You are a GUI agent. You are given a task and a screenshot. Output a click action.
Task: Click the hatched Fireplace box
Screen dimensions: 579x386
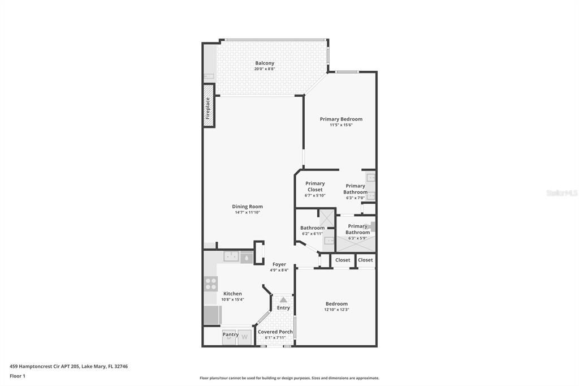pyautogui.click(x=209, y=106)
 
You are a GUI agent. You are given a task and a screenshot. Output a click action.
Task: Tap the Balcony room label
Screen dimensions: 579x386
pyautogui.click(x=265, y=63)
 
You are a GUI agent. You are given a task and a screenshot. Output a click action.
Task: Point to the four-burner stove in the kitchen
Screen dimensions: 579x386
pyautogui.click(x=211, y=284)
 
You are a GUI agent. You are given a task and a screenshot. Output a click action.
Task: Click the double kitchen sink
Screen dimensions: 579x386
pyautogui.click(x=231, y=256)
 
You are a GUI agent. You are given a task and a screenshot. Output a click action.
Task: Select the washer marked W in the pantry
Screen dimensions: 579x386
pyautogui.click(x=244, y=337)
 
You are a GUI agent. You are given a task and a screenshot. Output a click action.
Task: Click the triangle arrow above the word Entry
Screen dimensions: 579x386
pyautogui.click(x=283, y=299)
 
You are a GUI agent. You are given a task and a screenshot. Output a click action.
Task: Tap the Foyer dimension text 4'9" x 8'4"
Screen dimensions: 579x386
pyautogui.click(x=279, y=271)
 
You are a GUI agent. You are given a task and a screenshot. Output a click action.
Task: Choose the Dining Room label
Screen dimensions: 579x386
pyautogui.click(x=248, y=207)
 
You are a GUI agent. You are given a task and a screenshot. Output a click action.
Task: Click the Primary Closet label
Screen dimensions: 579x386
pyautogui.click(x=315, y=186)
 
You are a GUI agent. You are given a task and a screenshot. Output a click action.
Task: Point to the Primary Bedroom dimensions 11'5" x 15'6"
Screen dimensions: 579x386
pyautogui.click(x=341, y=125)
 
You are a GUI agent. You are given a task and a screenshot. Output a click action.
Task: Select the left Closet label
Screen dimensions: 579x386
pyautogui.click(x=343, y=260)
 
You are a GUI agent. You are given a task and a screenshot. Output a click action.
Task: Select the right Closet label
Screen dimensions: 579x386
pyautogui.click(x=365, y=260)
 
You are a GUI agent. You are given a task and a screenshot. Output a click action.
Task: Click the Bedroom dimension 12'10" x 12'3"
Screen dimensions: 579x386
pyautogui.click(x=336, y=310)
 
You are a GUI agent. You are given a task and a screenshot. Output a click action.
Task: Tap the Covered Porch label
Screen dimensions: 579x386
pyautogui.click(x=275, y=332)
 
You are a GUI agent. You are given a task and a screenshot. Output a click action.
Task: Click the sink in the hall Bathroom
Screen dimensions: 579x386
pyautogui.click(x=329, y=241)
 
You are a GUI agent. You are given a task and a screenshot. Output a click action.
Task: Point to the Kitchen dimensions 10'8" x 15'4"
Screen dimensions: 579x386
pyautogui.click(x=232, y=299)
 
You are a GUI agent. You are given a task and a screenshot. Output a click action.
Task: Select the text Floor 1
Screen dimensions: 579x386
pyautogui.click(x=18, y=376)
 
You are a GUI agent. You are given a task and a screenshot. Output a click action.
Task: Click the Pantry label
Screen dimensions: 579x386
pyautogui.click(x=231, y=334)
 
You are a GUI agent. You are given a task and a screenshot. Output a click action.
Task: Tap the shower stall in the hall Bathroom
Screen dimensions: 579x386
pyautogui.click(x=326, y=218)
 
